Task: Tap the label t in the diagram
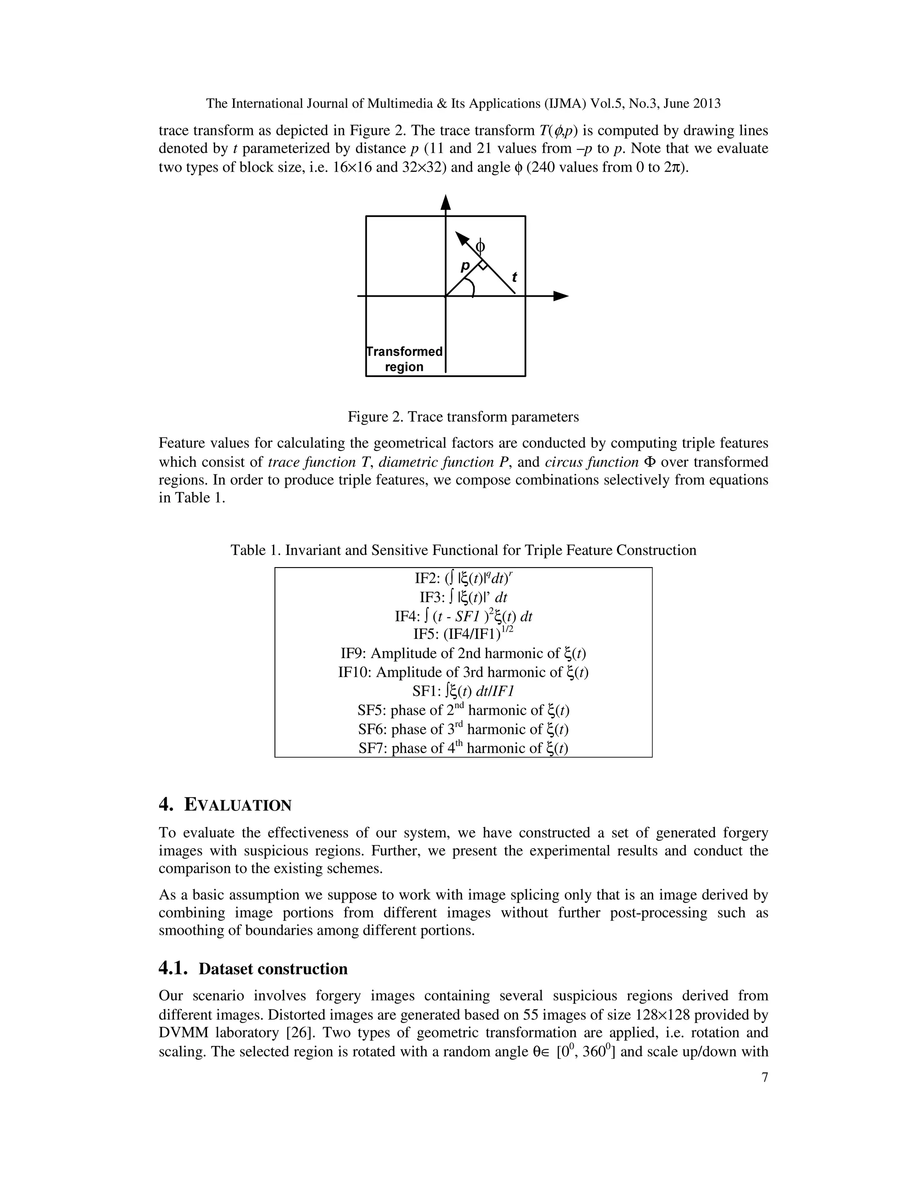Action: click(514, 278)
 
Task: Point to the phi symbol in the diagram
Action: click(480, 247)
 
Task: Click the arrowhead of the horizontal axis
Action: click(561, 296)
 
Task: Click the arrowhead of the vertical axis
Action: click(446, 202)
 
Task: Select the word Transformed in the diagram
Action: click(405, 351)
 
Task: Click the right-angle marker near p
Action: click(482, 265)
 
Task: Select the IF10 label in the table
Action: click(354, 672)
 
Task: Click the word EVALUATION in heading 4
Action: click(238, 805)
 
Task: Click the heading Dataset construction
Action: click(273, 969)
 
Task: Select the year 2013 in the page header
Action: click(706, 104)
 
